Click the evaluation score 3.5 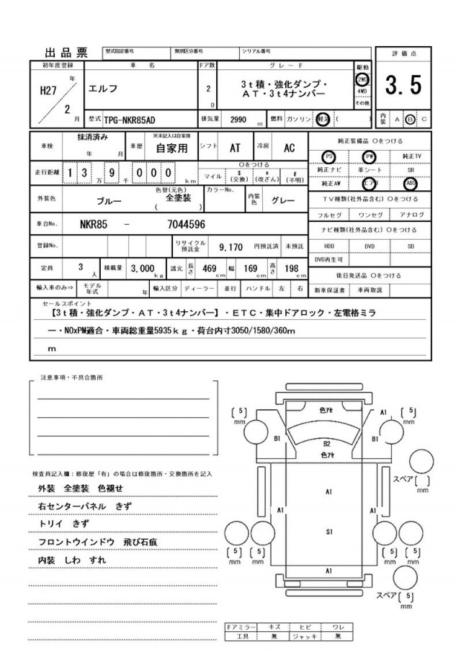tap(403, 86)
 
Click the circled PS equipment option tap(329, 156)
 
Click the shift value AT tap(235, 148)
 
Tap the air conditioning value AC tap(289, 148)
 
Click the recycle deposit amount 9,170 tap(230, 246)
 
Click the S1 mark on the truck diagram tap(328, 532)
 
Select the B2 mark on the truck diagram tap(326, 444)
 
